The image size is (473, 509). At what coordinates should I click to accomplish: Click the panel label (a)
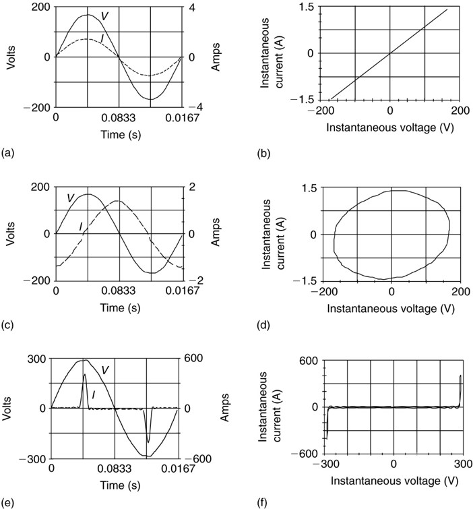pyautogui.click(x=8, y=153)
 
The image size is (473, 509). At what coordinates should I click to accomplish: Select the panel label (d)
pyautogui.click(x=264, y=326)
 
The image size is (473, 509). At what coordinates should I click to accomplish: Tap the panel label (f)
pyautogui.click(x=264, y=502)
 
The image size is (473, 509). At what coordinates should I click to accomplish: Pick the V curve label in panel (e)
pyautogui.click(x=104, y=369)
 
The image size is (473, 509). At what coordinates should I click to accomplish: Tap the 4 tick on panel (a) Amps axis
pyautogui.click(x=191, y=7)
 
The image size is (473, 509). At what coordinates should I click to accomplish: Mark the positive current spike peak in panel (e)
pyautogui.click(x=85, y=375)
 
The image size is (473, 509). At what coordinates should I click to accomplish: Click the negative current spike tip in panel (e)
pyautogui.click(x=148, y=442)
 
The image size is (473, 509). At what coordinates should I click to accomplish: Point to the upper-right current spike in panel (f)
pyautogui.click(x=461, y=376)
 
